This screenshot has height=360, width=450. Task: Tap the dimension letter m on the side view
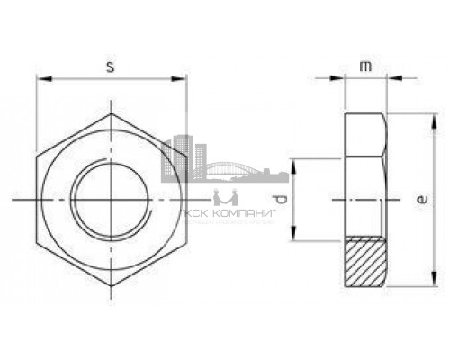coord(365,67)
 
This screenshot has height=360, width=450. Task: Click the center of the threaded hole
coord(110,198)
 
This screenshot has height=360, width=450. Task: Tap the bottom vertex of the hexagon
coord(110,284)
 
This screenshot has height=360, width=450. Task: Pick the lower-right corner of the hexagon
coord(184,241)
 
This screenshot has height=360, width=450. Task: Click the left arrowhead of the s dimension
coord(40,79)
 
